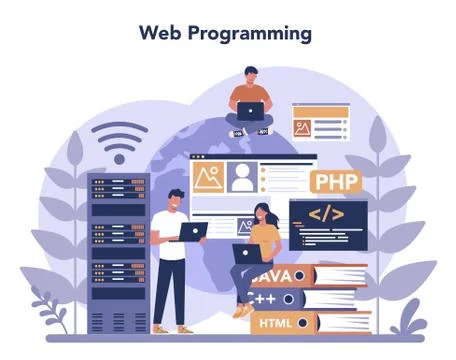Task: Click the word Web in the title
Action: click(x=160, y=32)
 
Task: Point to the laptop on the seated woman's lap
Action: click(x=244, y=253)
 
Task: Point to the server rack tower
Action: click(x=117, y=254)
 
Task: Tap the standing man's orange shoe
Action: click(x=184, y=329)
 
